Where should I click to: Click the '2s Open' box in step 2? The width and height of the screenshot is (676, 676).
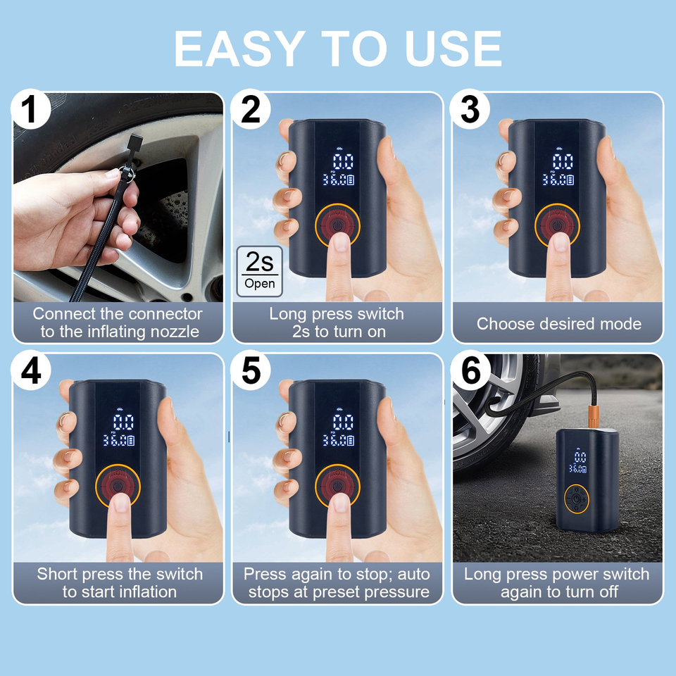tap(260, 272)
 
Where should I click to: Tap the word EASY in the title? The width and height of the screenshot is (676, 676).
tap(237, 49)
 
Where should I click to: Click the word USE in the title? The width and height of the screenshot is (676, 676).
tap(453, 49)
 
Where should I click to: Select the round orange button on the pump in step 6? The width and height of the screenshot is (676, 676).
tap(577, 499)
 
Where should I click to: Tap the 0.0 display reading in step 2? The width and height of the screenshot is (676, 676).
tap(343, 162)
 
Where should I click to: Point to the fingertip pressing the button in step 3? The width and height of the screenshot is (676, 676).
tap(561, 242)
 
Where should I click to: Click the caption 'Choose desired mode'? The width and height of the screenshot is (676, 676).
tap(558, 323)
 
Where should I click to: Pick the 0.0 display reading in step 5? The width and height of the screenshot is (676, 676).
tap(343, 423)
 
